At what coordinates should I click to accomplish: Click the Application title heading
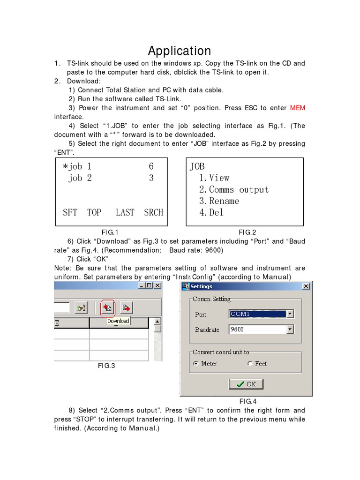[180, 51]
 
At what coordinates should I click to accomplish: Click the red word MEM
[297, 108]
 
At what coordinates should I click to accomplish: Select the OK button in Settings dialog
[246, 384]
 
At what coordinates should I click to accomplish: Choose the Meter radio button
[196, 364]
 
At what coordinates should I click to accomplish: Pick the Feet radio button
[250, 364]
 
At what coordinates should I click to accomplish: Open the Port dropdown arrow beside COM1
[290, 314]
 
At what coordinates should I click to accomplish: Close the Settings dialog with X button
[306, 286]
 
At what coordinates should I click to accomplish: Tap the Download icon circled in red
[108, 307]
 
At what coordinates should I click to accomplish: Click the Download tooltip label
[118, 321]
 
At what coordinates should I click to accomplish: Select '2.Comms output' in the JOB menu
[233, 189]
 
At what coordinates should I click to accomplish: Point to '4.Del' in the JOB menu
[211, 212]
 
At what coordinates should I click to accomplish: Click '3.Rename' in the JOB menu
[219, 201]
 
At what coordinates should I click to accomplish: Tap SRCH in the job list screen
[153, 212]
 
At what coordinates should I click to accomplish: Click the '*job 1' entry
[77, 166]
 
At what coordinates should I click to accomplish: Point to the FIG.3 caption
[106, 366]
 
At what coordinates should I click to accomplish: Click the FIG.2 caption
[247, 232]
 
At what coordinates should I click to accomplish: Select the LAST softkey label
[125, 212]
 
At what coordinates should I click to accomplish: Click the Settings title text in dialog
[201, 286]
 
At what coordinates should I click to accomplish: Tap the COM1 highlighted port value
[240, 314]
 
